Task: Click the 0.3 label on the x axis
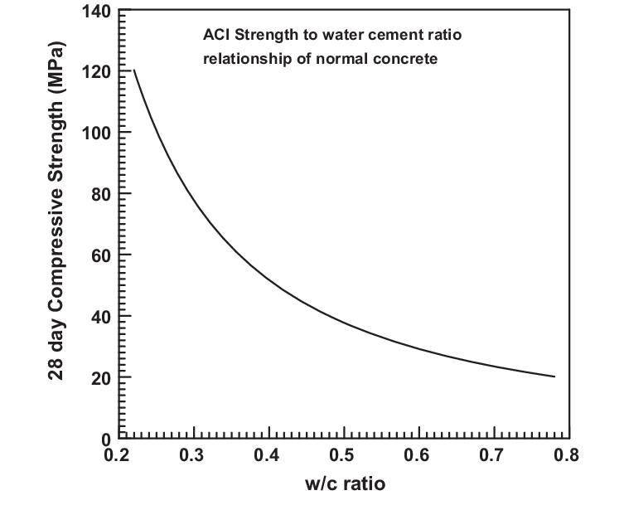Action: tap(193, 454)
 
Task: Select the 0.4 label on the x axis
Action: tap(268, 454)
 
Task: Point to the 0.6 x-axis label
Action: tap(418, 454)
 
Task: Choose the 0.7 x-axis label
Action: tap(494, 454)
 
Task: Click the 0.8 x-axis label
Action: tap(568, 454)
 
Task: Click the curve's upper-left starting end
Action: tap(133, 70)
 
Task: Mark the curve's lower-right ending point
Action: tap(554, 376)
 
